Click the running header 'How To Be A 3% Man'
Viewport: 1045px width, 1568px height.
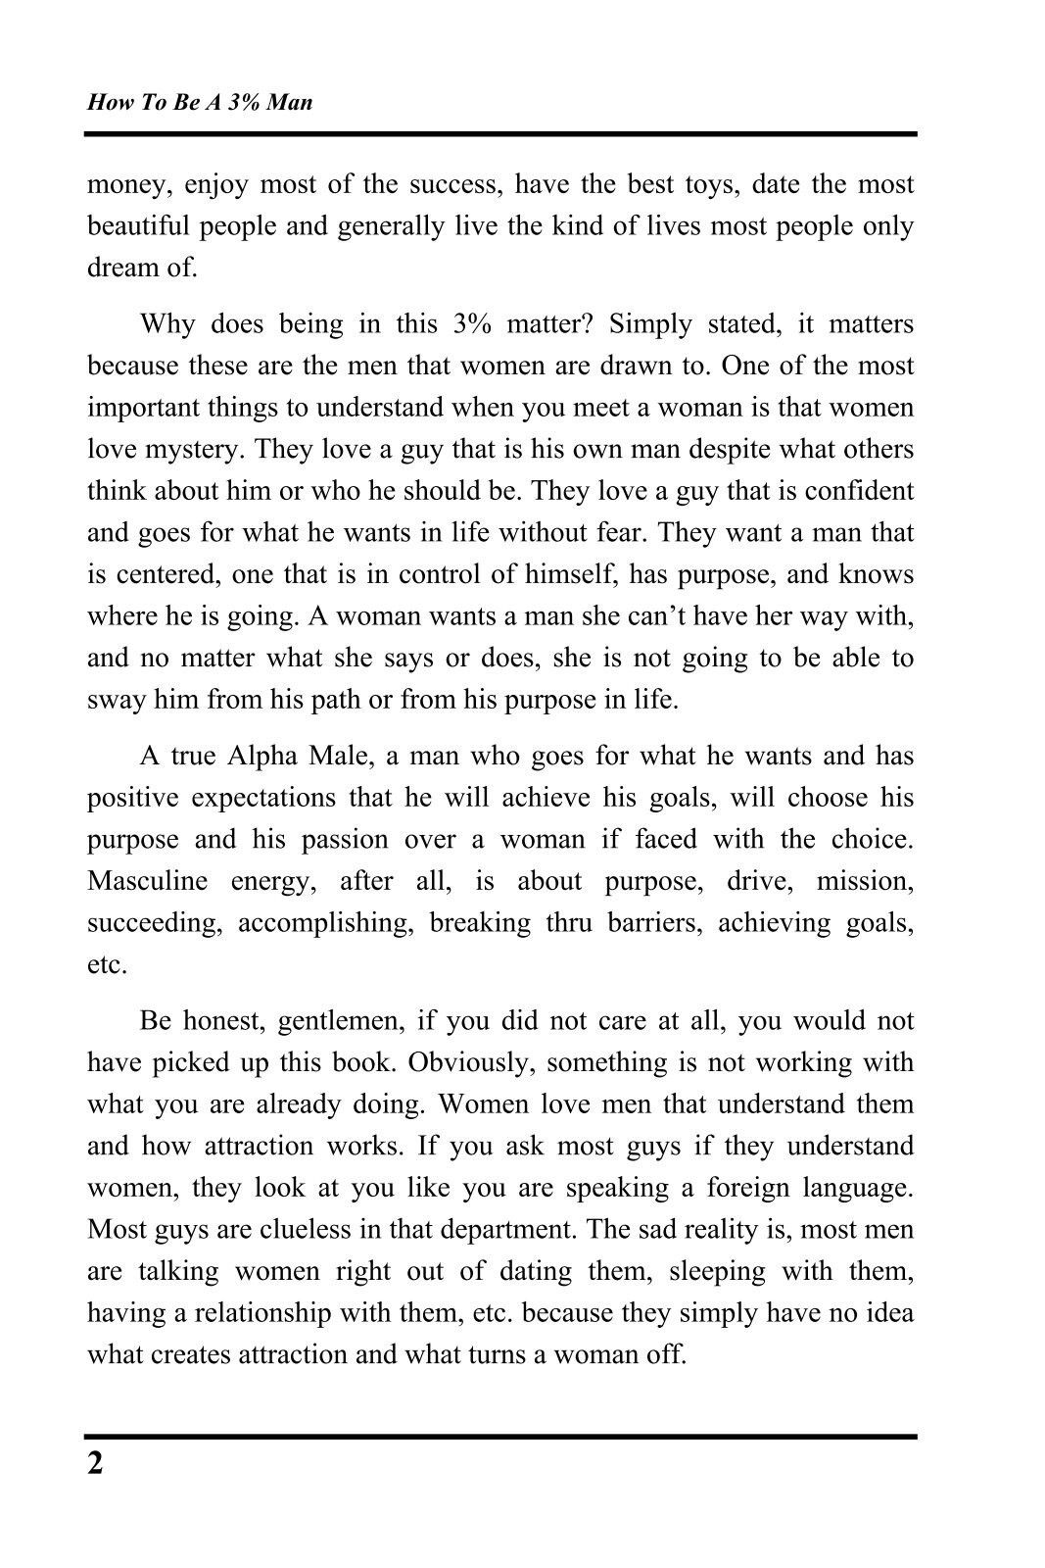(x=200, y=102)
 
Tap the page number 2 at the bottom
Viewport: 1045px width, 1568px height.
(x=95, y=1464)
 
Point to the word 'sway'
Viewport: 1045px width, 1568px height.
(x=112, y=701)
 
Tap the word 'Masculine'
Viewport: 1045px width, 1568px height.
(x=148, y=881)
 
